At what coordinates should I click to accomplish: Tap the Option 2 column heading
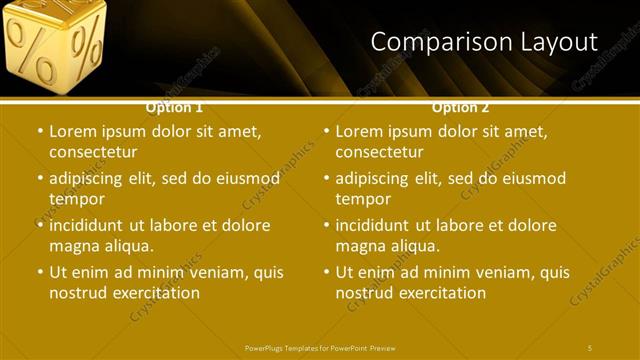click(460, 106)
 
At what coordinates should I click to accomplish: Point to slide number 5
click(590, 347)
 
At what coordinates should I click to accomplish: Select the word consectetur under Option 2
click(379, 152)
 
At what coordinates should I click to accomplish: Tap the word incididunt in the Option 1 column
click(89, 225)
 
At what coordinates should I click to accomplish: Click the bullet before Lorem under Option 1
click(40, 132)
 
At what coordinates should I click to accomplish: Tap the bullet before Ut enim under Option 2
click(327, 273)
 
